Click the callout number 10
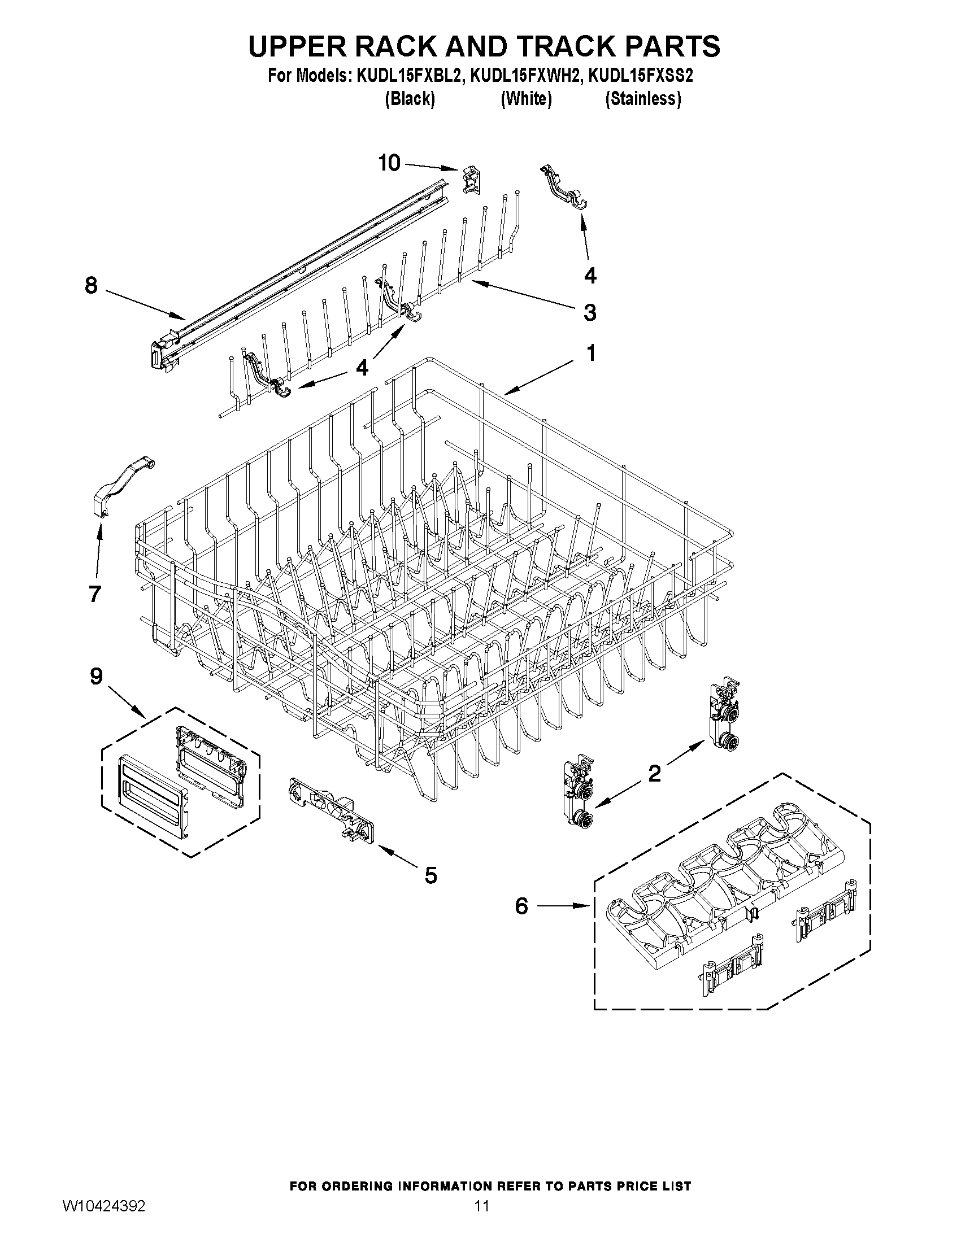[389, 163]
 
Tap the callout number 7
[94, 594]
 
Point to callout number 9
[95, 676]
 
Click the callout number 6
[521, 905]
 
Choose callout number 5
[431, 875]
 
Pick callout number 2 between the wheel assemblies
[655, 773]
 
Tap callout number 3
[590, 312]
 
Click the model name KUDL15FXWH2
[526, 76]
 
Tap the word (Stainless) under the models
[643, 99]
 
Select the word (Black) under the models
[410, 99]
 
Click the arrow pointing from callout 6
[564, 905]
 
